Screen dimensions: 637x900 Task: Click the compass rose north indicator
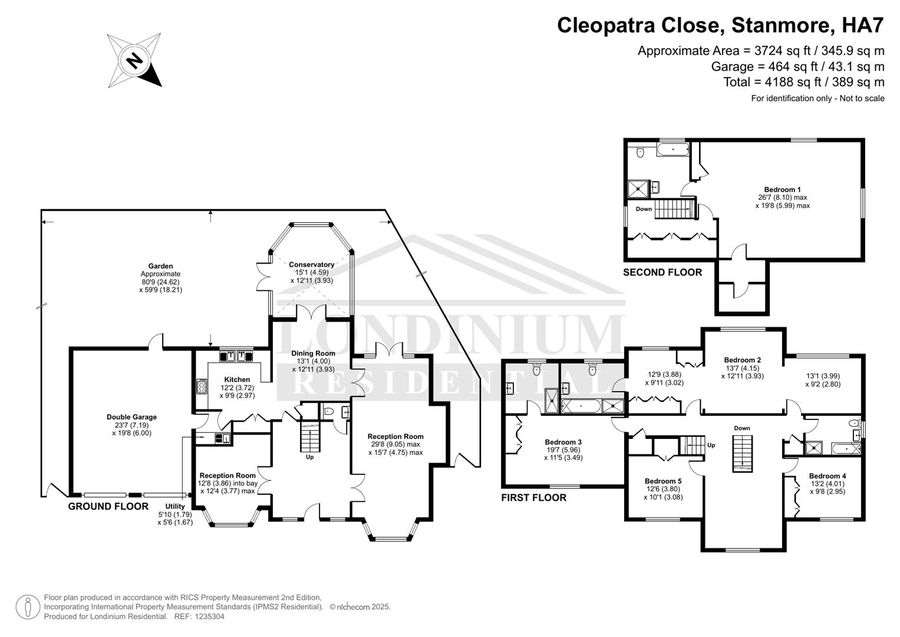coord(134,61)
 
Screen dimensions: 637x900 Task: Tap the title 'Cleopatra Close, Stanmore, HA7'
coord(720,25)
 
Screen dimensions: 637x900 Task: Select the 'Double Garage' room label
coord(131,417)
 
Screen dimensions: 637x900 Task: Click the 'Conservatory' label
coord(311,264)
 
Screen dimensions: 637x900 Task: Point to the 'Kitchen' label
coord(237,379)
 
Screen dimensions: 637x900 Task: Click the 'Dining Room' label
coord(312,353)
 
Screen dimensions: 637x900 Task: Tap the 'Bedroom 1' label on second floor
coord(783,189)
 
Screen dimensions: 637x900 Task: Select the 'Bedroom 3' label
coord(563,442)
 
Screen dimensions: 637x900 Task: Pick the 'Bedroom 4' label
coord(827,476)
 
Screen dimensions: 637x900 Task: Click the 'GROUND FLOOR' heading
coord(108,506)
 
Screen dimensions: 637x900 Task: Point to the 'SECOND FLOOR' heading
coord(662,272)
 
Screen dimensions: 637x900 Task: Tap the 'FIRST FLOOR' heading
coord(533,498)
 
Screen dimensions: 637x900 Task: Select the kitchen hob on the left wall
coord(201,386)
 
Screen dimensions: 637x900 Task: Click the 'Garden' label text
coord(160,266)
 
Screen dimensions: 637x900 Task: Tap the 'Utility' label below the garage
coord(175,506)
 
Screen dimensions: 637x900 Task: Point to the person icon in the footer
coord(27,607)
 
